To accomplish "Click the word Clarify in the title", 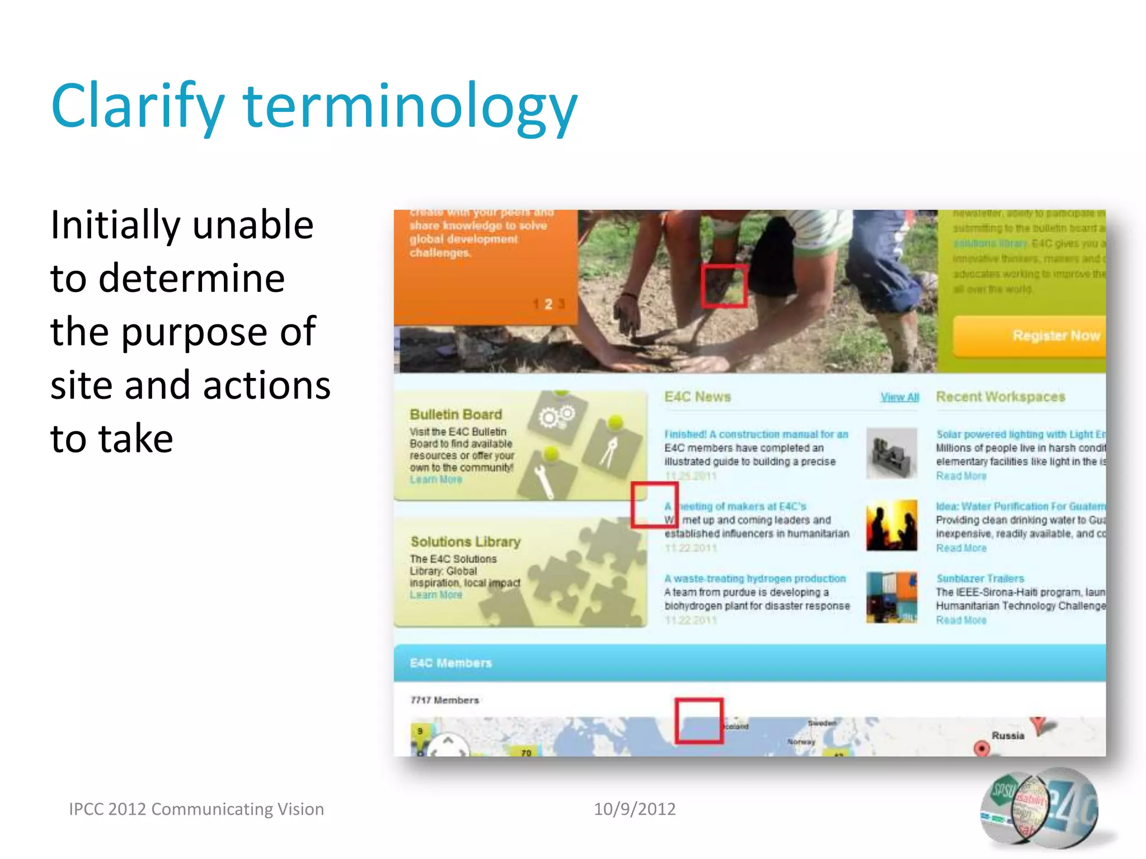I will point(137,106).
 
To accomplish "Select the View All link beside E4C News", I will point(899,397).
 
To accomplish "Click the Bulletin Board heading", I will point(455,414).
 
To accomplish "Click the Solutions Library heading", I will point(465,541).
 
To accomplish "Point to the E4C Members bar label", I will point(450,663).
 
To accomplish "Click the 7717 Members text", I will point(445,700).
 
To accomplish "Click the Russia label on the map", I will point(1007,735).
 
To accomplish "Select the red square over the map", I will point(698,720).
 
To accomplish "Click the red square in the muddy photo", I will point(724,286).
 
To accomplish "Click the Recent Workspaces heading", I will point(1000,397).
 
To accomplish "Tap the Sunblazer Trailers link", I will point(980,578).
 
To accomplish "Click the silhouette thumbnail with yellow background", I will point(891,525).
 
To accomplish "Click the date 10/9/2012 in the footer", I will point(635,809).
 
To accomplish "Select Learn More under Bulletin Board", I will point(436,480).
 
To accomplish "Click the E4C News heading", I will point(697,397).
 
